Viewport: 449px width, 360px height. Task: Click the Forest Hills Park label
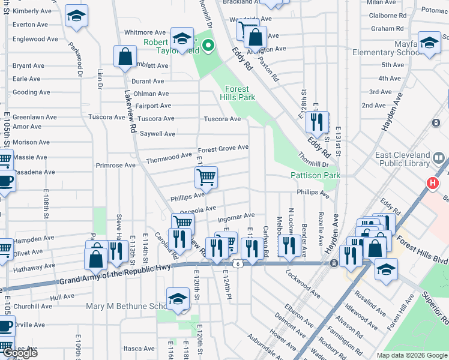(x=240, y=92)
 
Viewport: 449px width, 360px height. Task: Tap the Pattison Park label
(x=315, y=175)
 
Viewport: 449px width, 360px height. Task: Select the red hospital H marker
(x=432, y=182)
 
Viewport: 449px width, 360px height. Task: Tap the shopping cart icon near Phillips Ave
(x=206, y=177)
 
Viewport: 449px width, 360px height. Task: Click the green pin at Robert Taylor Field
(x=208, y=46)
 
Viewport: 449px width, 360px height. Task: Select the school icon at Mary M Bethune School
(x=178, y=299)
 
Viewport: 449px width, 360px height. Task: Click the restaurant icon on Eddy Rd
(x=316, y=122)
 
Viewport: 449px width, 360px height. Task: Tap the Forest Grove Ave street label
(x=223, y=148)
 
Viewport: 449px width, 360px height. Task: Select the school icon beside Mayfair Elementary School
(x=429, y=43)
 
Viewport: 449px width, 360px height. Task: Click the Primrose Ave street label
(x=115, y=165)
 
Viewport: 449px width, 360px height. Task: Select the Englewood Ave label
(x=35, y=39)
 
